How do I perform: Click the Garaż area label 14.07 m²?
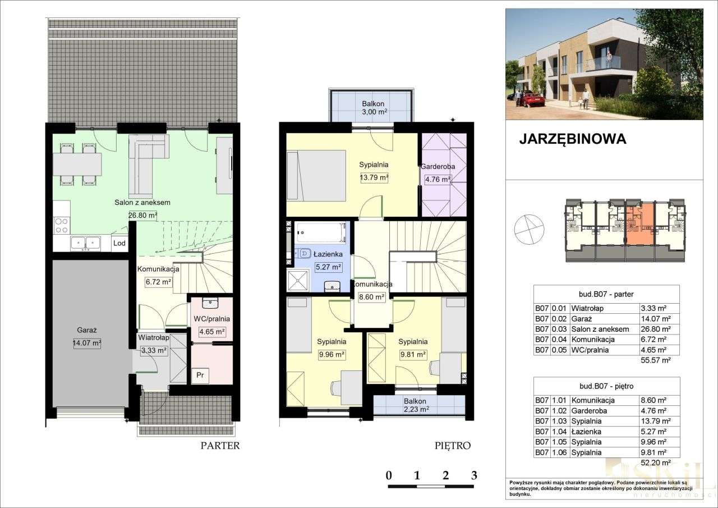[x=87, y=344]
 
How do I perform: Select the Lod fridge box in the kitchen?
[x=119, y=243]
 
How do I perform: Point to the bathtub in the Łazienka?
[x=320, y=232]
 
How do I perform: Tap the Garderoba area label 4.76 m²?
[x=438, y=180]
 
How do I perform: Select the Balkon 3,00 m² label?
[x=373, y=108]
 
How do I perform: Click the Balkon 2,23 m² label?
[x=416, y=405]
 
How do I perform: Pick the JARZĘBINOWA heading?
[x=572, y=139]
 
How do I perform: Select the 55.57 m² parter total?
[x=655, y=361]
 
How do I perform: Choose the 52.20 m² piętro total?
[x=655, y=463]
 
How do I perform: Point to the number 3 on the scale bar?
[x=474, y=475]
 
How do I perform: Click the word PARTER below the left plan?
[x=220, y=446]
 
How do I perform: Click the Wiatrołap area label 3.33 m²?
[x=154, y=350]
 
